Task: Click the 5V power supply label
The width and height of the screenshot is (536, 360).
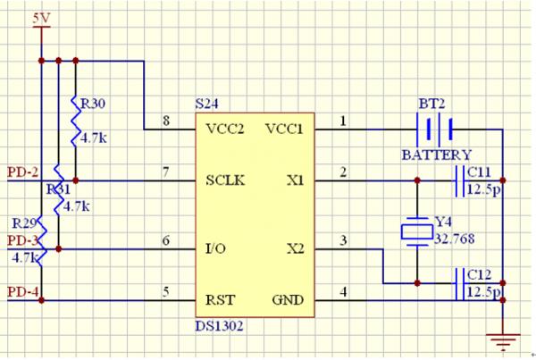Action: pyautogui.click(x=41, y=18)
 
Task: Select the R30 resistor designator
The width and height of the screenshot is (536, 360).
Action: pyautogui.click(x=93, y=104)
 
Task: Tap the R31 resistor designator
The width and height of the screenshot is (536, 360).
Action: pyautogui.click(x=58, y=190)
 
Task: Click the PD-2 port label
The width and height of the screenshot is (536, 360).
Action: pyautogui.click(x=21, y=172)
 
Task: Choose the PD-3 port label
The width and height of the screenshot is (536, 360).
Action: pyautogui.click(x=21, y=240)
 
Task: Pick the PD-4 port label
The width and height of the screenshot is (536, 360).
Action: pyautogui.click(x=21, y=291)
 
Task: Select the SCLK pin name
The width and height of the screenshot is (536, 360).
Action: pyautogui.click(x=226, y=180)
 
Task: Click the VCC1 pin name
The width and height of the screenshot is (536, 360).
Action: pyautogui.click(x=284, y=129)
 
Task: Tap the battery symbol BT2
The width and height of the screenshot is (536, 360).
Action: pyautogui.click(x=440, y=129)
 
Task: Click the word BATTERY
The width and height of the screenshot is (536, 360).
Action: pyautogui.click(x=436, y=155)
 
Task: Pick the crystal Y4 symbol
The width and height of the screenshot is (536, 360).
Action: pyautogui.click(x=417, y=231)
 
